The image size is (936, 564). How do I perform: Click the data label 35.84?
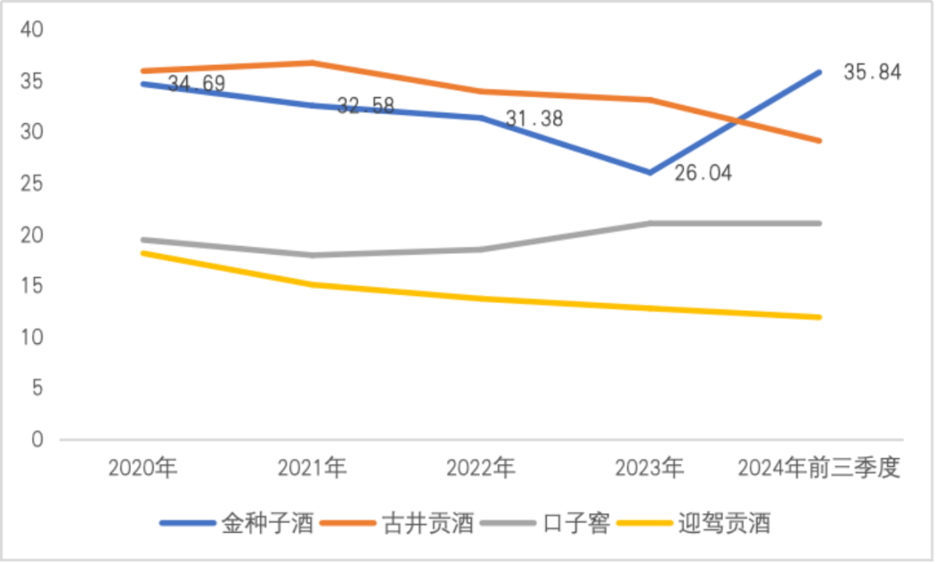pos(872,72)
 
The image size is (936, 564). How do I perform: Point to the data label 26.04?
pos(703,173)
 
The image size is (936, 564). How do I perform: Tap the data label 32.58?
pos(365,106)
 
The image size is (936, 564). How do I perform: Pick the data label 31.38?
pos(534,119)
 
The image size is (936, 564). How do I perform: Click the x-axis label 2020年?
pos(143,469)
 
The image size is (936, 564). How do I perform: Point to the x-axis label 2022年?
pos(481,469)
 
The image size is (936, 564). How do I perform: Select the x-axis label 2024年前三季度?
pos(819,469)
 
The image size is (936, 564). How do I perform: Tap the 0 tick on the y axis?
pos(37,440)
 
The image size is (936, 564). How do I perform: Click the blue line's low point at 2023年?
pos(650,172)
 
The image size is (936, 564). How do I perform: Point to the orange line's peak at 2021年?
pos(312,62)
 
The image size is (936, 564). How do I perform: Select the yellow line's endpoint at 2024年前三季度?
pos(819,317)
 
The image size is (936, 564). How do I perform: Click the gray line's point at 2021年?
pos(312,255)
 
